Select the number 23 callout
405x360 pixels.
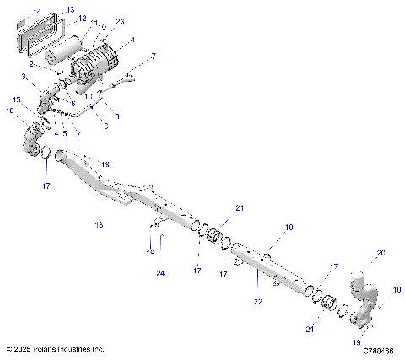[x=119, y=20]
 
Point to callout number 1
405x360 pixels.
[x=132, y=39]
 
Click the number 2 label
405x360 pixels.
[x=32, y=63]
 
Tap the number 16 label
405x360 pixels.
[x=11, y=110]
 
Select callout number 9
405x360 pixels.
[x=105, y=125]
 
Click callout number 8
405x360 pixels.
[x=116, y=116]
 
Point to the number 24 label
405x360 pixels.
[x=159, y=273]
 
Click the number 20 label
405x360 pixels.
[x=380, y=253]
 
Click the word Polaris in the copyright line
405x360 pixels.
[x=50, y=347]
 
